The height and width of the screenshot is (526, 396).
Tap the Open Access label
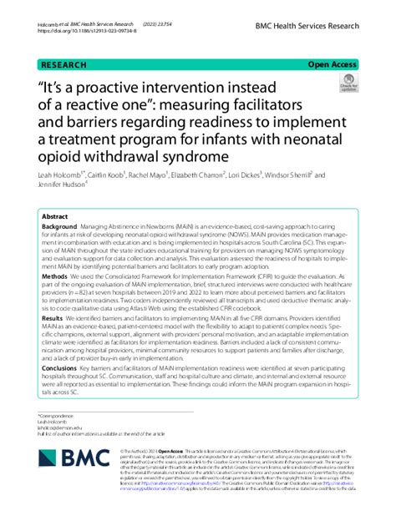(x=333, y=63)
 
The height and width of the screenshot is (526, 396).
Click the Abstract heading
(x=55, y=215)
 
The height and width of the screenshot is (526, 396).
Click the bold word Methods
(x=55, y=275)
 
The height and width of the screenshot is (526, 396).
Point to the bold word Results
(x=53, y=318)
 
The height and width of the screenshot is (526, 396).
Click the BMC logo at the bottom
(x=71, y=458)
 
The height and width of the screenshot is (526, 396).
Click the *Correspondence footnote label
(x=53, y=415)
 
